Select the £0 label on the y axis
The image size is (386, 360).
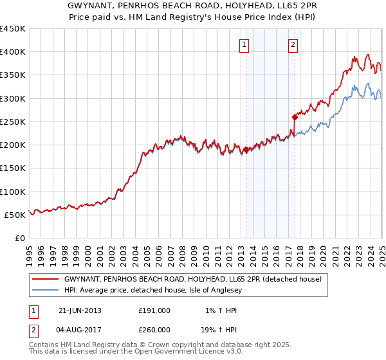(x=20, y=238)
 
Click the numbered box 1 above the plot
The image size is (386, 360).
(x=246, y=45)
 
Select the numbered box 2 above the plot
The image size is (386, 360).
(x=293, y=45)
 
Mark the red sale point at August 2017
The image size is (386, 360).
(x=295, y=117)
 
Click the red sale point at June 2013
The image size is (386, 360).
(x=246, y=150)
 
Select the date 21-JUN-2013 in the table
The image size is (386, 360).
(x=80, y=310)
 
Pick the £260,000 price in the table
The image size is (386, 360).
(x=154, y=329)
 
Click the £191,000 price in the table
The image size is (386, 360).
(x=154, y=310)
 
